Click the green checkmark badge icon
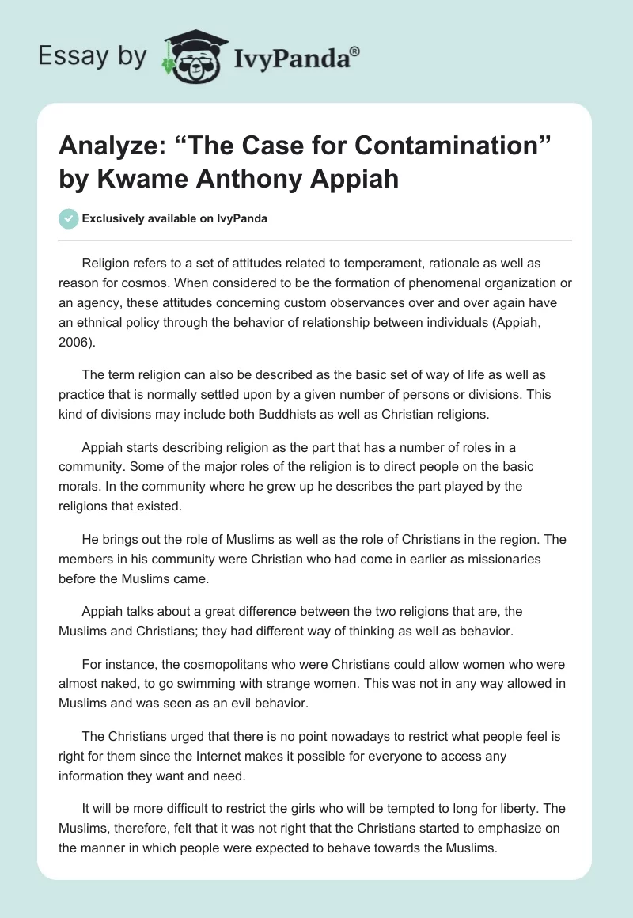(x=69, y=218)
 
